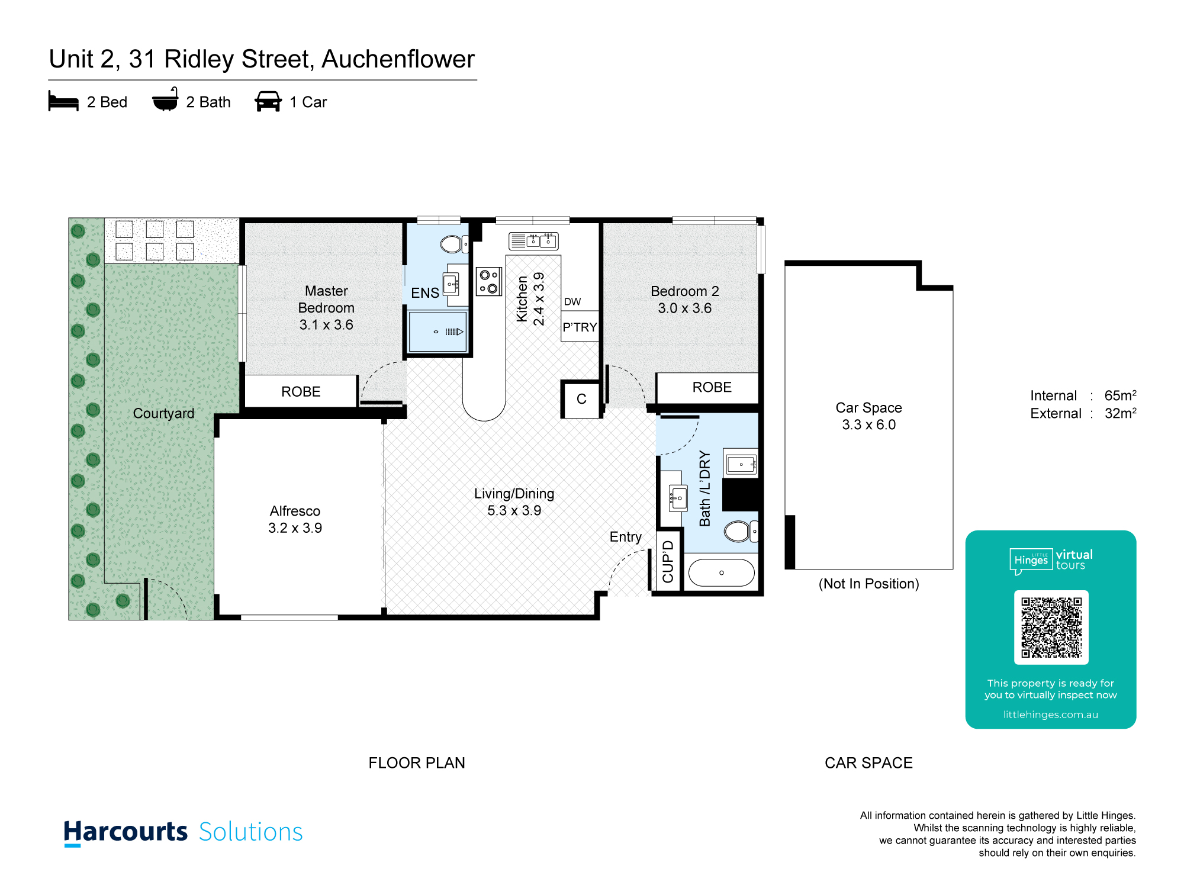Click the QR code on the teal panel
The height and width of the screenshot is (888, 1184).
[1051, 628]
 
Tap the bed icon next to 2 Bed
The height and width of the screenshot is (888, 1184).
[63, 101]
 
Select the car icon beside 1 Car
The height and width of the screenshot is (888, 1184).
[268, 101]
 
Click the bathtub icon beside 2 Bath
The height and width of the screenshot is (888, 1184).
[165, 99]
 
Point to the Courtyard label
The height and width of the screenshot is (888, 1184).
[163, 413]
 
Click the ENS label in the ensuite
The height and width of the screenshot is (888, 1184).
[425, 293]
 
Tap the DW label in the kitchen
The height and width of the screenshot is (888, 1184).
[572, 302]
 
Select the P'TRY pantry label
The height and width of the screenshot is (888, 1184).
[580, 327]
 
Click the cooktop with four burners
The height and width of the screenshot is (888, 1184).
[489, 282]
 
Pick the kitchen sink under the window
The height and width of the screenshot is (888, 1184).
[533, 241]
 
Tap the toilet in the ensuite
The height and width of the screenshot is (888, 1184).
[455, 244]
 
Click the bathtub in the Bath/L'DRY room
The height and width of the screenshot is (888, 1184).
[722, 573]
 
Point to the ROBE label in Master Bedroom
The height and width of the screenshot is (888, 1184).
[301, 392]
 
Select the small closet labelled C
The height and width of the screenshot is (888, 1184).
[581, 399]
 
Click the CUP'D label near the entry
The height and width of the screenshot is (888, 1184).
[668, 561]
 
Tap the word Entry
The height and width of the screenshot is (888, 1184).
[626, 537]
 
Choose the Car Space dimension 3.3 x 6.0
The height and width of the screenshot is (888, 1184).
[869, 425]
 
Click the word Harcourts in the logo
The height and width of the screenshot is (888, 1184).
[126, 832]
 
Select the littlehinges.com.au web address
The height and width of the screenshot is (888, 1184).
[1051, 715]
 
